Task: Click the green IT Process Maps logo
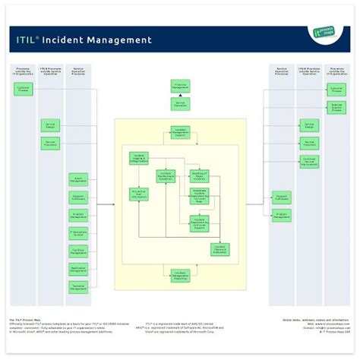tap(326, 33)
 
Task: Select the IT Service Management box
tap(180, 86)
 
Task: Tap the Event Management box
tap(78, 179)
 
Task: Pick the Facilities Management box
tap(78, 251)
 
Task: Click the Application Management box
tap(78, 269)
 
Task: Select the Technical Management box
tap(78, 287)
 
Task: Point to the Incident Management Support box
tap(180, 132)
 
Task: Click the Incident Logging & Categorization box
tap(139, 158)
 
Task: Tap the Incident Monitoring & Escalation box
tap(165, 176)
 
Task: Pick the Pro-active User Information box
tap(139, 194)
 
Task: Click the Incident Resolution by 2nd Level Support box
tap(200, 223)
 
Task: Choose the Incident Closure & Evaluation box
tap(220, 249)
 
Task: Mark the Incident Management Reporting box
tap(180, 276)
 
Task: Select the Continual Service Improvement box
tap(309, 161)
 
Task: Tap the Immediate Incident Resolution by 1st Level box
tap(200, 197)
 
